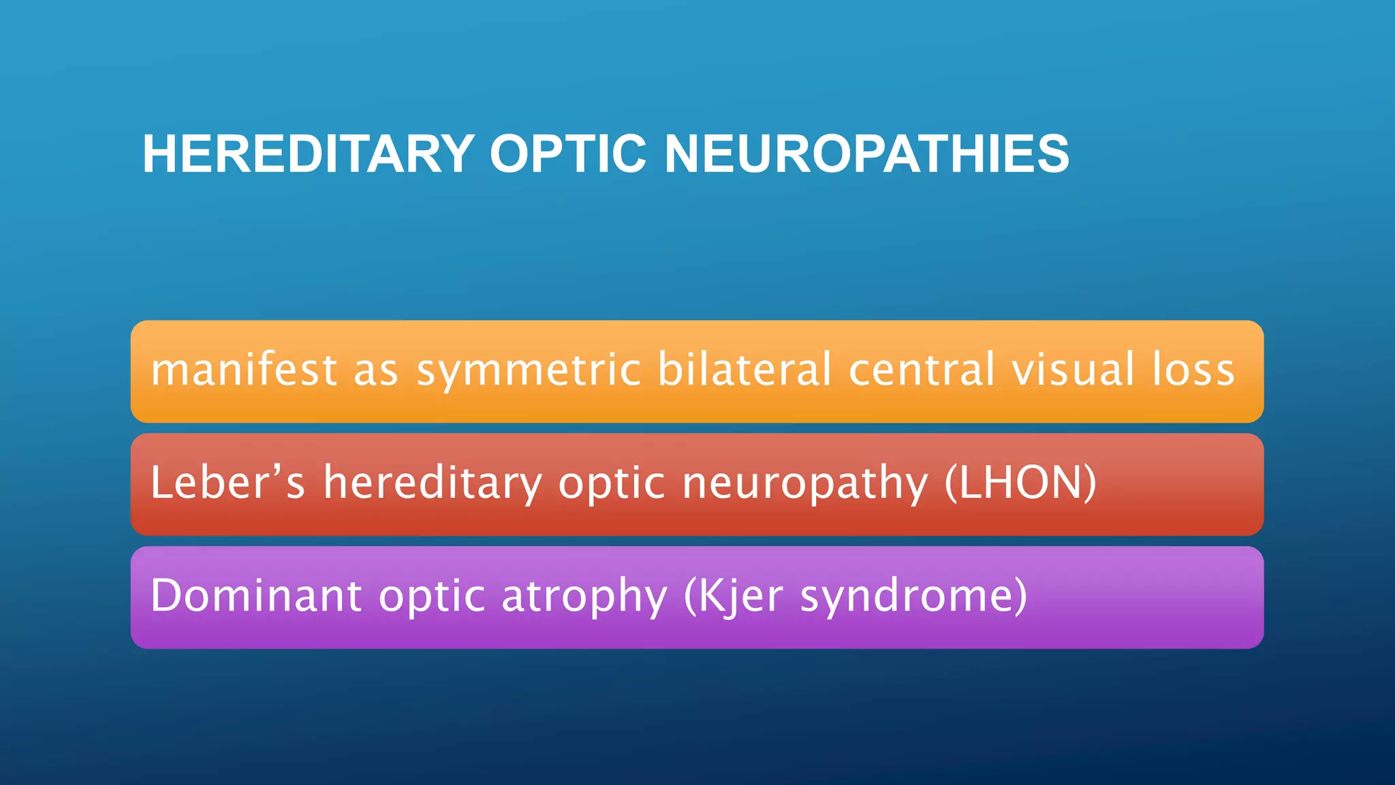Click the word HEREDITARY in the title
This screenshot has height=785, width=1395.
click(x=308, y=154)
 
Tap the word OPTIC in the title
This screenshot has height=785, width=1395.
click(x=567, y=154)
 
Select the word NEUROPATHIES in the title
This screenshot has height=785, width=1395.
click(x=866, y=154)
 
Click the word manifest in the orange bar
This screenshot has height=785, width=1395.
click(x=244, y=370)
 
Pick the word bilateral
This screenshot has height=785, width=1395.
click(x=744, y=370)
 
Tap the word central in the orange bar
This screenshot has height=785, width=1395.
click(x=922, y=370)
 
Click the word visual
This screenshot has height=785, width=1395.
click(x=1073, y=370)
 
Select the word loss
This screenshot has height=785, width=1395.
click(x=1193, y=370)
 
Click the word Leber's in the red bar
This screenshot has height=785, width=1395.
click(x=228, y=482)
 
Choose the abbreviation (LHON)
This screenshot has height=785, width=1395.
click(x=1020, y=482)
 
